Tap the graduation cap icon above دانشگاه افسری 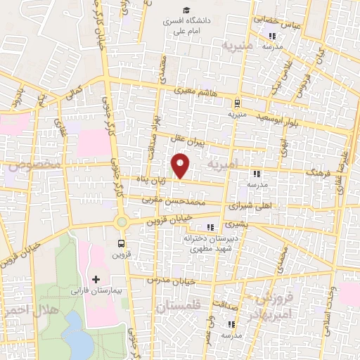pyautogui.click(x=186, y=10)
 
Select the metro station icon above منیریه pyautogui.click(x=236, y=101)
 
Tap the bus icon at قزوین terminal pyautogui.click(x=121, y=244)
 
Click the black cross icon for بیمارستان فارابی pyautogui.click(x=96, y=279)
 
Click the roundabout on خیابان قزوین pyautogui.click(x=122, y=222)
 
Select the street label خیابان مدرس pyautogui.click(x=169, y=280)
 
